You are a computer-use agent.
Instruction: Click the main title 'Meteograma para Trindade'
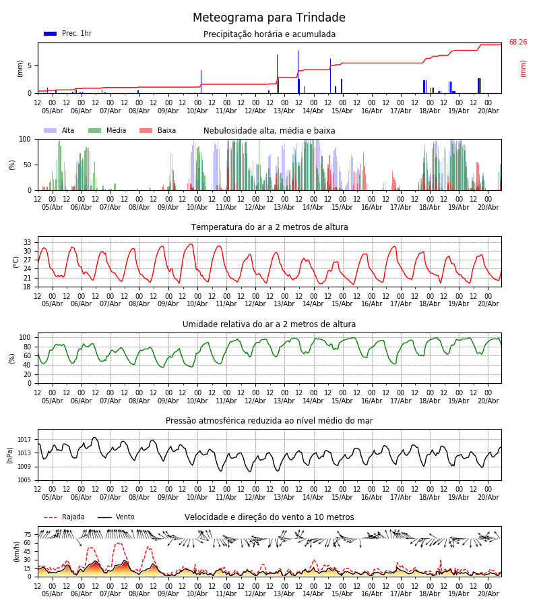pyautogui.click(x=269, y=18)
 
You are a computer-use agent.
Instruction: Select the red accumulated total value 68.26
pyautogui.click(x=517, y=42)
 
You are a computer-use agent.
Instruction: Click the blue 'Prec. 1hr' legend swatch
pyautogui.click(x=51, y=34)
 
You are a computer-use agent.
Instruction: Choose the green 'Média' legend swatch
pyautogui.click(x=94, y=130)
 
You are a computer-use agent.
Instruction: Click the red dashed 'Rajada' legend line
pyautogui.click(x=51, y=517)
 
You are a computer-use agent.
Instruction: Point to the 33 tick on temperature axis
pyautogui.click(x=27, y=242)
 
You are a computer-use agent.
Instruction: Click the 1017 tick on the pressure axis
pyautogui.click(x=24, y=439)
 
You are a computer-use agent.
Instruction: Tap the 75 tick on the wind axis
pyautogui.click(x=27, y=534)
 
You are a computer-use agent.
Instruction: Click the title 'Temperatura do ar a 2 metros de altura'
pyautogui.click(x=269, y=227)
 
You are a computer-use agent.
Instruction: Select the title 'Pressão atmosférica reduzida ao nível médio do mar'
pyautogui.click(x=269, y=420)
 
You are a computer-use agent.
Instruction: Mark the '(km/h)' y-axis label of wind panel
pyautogui.click(x=16, y=552)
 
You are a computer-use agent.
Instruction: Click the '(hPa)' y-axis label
pyautogui.click(x=10, y=455)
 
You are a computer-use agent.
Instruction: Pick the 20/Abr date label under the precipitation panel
pyautogui.click(x=488, y=111)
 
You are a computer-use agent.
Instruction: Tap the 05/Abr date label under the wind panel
pyautogui.click(x=52, y=594)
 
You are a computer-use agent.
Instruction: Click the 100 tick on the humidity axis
pyautogui.click(x=25, y=337)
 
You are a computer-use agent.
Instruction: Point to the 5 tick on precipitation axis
pyautogui.click(x=30, y=66)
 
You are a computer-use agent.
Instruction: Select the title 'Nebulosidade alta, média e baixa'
pyautogui.click(x=269, y=131)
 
